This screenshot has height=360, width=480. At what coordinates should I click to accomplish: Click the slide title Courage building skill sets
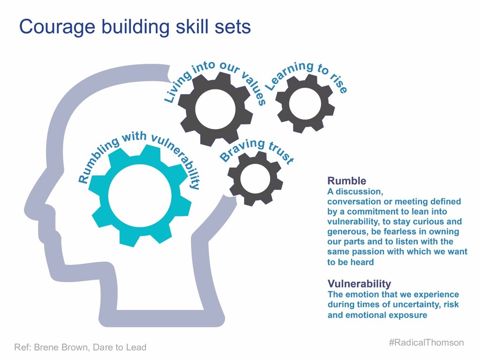point(135,27)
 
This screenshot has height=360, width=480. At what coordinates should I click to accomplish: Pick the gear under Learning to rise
point(305,103)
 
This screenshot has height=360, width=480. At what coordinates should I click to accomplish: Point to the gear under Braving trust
point(255,178)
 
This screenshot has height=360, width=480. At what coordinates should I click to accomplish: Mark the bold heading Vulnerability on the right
point(359,284)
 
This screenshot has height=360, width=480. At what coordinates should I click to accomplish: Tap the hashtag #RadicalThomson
point(426,343)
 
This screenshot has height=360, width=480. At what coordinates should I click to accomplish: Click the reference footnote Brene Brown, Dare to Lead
point(80,347)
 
